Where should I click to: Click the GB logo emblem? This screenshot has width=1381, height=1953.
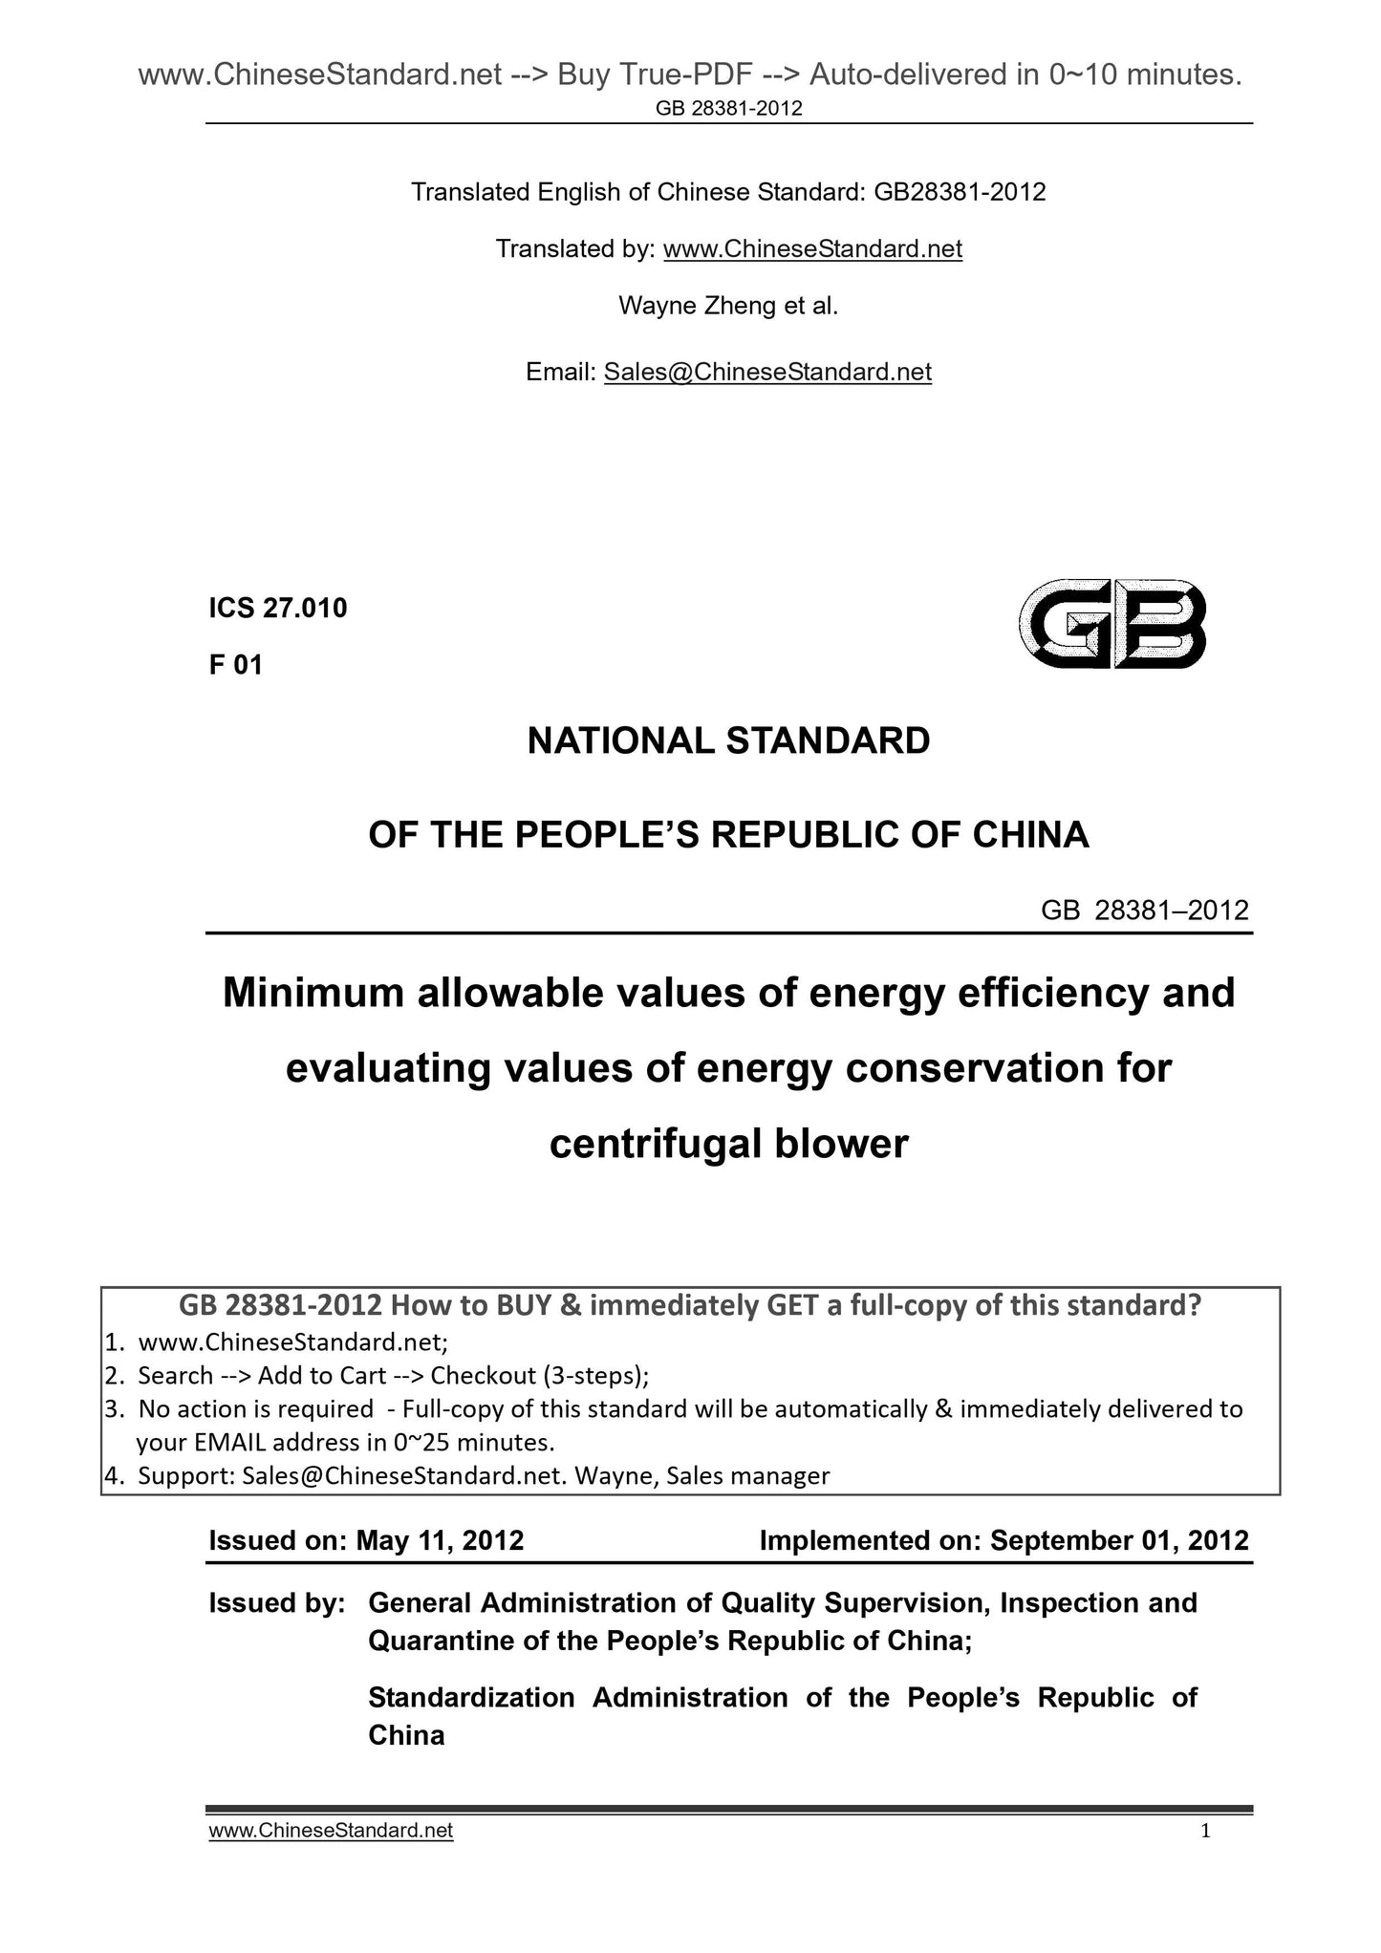pyautogui.click(x=1111, y=623)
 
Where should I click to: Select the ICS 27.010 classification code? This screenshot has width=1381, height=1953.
pyautogui.click(x=278, y=608)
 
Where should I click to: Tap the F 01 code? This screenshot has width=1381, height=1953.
pyautogui.click(x=235, y=665)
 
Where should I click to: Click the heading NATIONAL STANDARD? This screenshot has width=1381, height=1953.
pyautogui.click(x=728, y=741)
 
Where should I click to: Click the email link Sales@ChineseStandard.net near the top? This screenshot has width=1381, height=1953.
pyautogui.click(x=766, y=372)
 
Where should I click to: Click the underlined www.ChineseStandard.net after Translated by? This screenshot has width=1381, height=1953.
pyautogui.click(x=811, y=249)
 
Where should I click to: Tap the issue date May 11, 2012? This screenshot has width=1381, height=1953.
pyautogui.click(x=440, y=1540)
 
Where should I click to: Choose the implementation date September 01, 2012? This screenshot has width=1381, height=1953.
pyautogui.click(x=1119, y=1540)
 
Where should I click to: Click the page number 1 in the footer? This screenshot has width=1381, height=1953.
pyautogui.click(x=1205, y=1831)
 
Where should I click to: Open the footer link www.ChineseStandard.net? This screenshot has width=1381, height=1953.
pyautogui.click(x=331, y=1831)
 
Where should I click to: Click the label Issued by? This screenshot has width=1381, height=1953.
pyautogui.click(x=276, y=1602)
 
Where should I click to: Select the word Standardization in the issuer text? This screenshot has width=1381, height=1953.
pyautogui.click(x=471, y=1697)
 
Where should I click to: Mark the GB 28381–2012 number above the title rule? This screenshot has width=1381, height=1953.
pyautogui.click(x=1144, y=911)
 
